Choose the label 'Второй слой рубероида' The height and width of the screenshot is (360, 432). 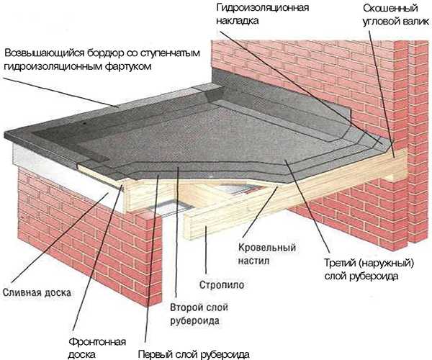(194, 313)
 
